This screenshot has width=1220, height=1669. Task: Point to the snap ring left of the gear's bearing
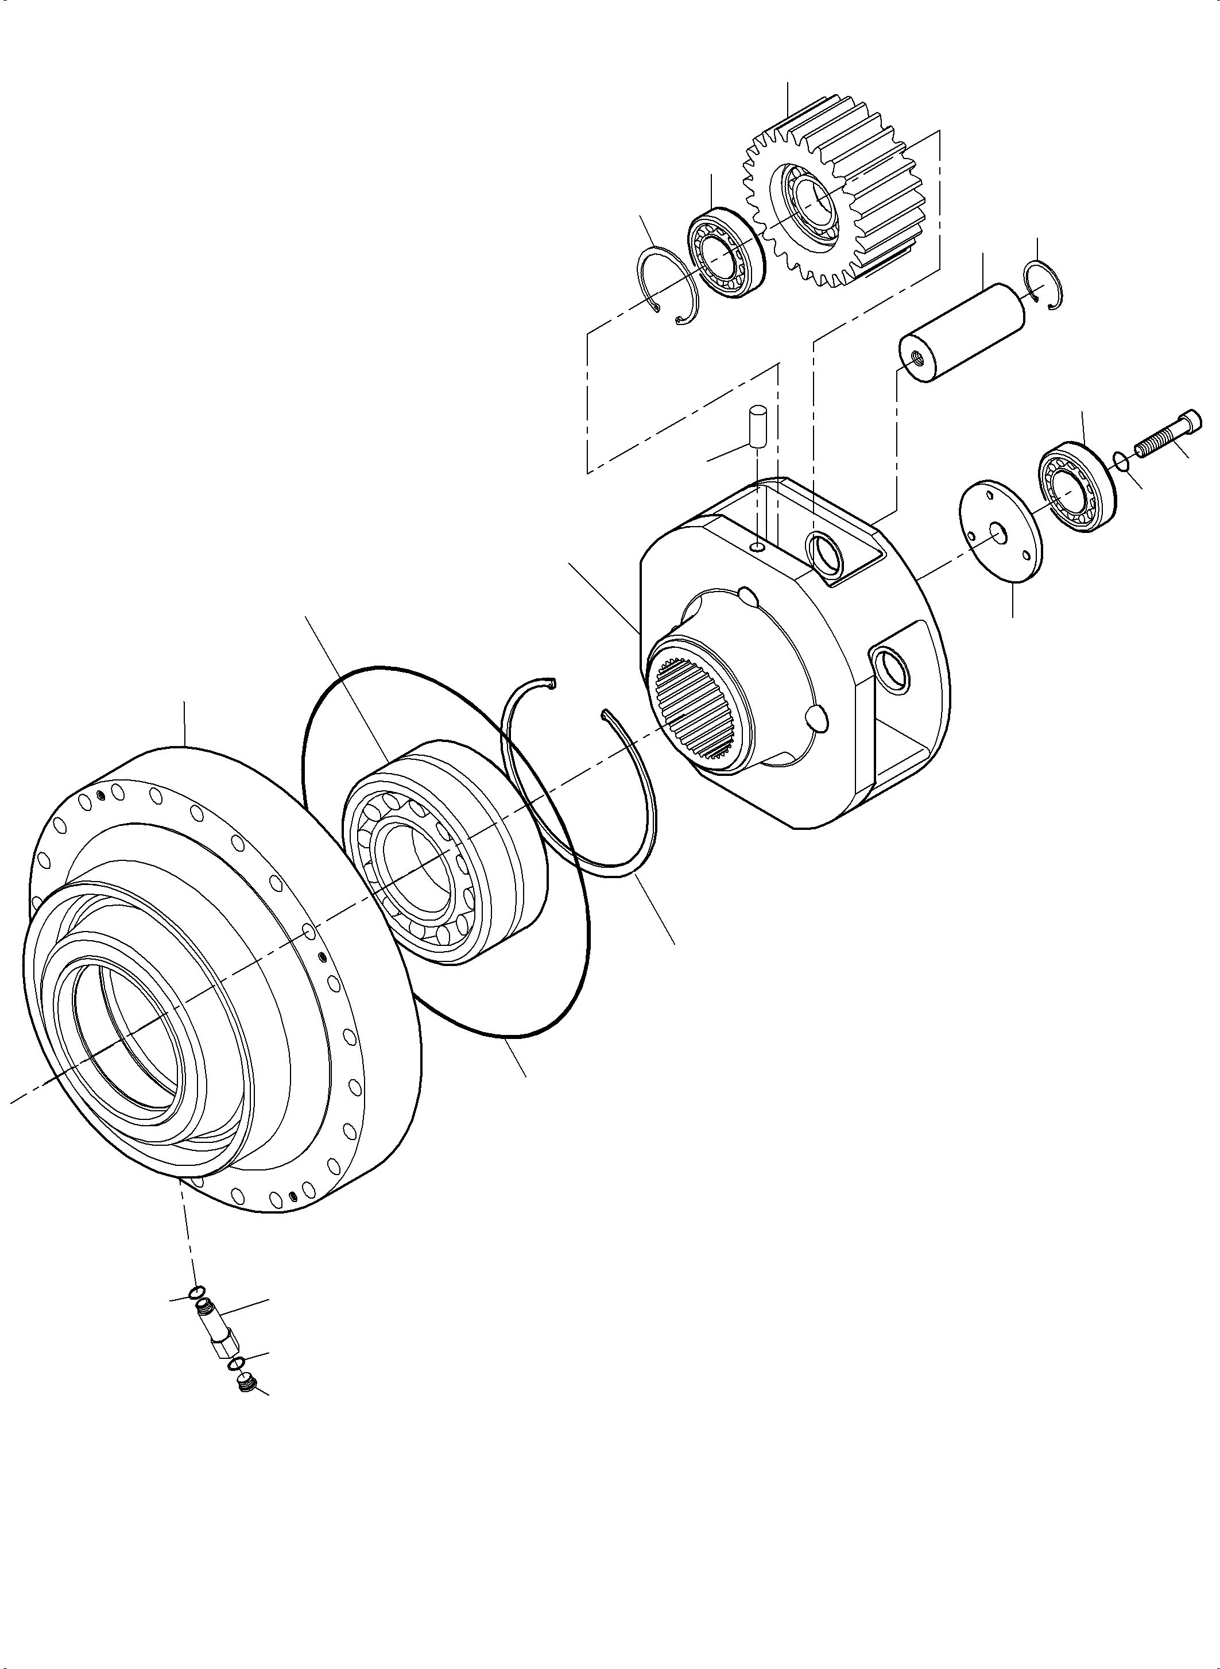665,286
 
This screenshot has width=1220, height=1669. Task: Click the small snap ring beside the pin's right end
1045,285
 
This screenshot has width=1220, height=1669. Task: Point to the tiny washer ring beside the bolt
1120,461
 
